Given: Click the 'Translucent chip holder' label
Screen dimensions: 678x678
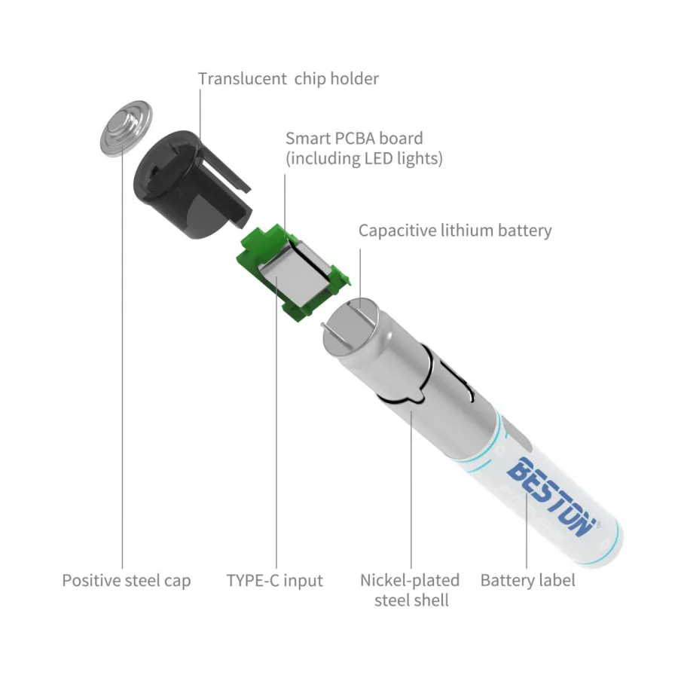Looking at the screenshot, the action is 289,79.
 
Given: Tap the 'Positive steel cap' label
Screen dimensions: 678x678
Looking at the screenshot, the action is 127,581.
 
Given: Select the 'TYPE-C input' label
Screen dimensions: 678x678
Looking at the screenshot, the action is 274,580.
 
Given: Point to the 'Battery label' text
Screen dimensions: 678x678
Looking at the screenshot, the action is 527,580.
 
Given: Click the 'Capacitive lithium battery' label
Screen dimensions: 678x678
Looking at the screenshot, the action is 455,231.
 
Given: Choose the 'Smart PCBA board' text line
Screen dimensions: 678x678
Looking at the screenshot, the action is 354,139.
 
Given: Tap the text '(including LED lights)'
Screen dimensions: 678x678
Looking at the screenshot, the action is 364,159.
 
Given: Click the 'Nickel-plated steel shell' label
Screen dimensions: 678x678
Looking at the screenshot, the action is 410,590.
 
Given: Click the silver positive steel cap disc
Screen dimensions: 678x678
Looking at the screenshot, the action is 126,128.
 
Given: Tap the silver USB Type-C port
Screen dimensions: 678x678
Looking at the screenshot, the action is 295,272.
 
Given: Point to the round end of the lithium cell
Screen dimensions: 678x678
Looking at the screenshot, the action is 350,324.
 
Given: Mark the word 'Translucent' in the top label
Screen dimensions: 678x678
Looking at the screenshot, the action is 242,79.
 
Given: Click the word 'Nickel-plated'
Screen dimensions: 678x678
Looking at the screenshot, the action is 410,581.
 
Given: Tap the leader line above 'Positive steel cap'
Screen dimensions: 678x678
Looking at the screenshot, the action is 122,357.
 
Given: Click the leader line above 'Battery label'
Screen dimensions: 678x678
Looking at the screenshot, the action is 527,530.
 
